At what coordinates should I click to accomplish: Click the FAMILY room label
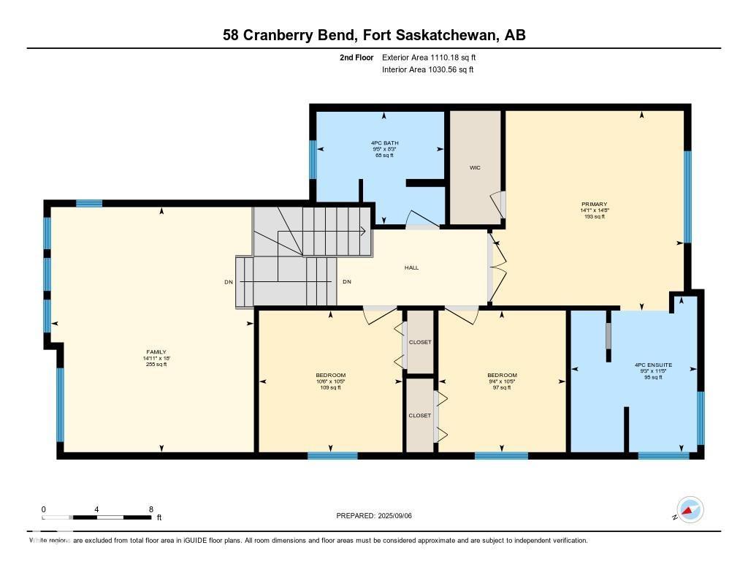tap(156, 351)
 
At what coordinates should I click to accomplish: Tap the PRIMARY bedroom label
tap(594, 204)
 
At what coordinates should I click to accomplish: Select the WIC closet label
tap(475, 167)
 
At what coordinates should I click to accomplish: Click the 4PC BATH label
tap(384, 142)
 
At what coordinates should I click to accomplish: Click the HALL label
tap(412, 267)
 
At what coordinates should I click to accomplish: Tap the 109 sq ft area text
tap(331, 387)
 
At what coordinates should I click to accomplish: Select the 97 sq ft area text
tap(502, 387)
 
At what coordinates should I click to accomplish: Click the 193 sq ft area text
tap(594, 216)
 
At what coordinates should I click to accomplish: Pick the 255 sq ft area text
tap(156, 364)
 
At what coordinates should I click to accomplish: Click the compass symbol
tap(690, 509)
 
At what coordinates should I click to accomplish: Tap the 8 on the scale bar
tap(150, 509)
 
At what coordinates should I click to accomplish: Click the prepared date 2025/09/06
tap(400, 516)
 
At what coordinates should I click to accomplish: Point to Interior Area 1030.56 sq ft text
tap(428, 70)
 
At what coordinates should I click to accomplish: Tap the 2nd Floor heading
tap(356, 57)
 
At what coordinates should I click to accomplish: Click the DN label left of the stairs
tap(229, 282)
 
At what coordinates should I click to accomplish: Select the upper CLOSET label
tap(420, 342)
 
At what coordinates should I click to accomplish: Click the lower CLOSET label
tap(420, 415)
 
